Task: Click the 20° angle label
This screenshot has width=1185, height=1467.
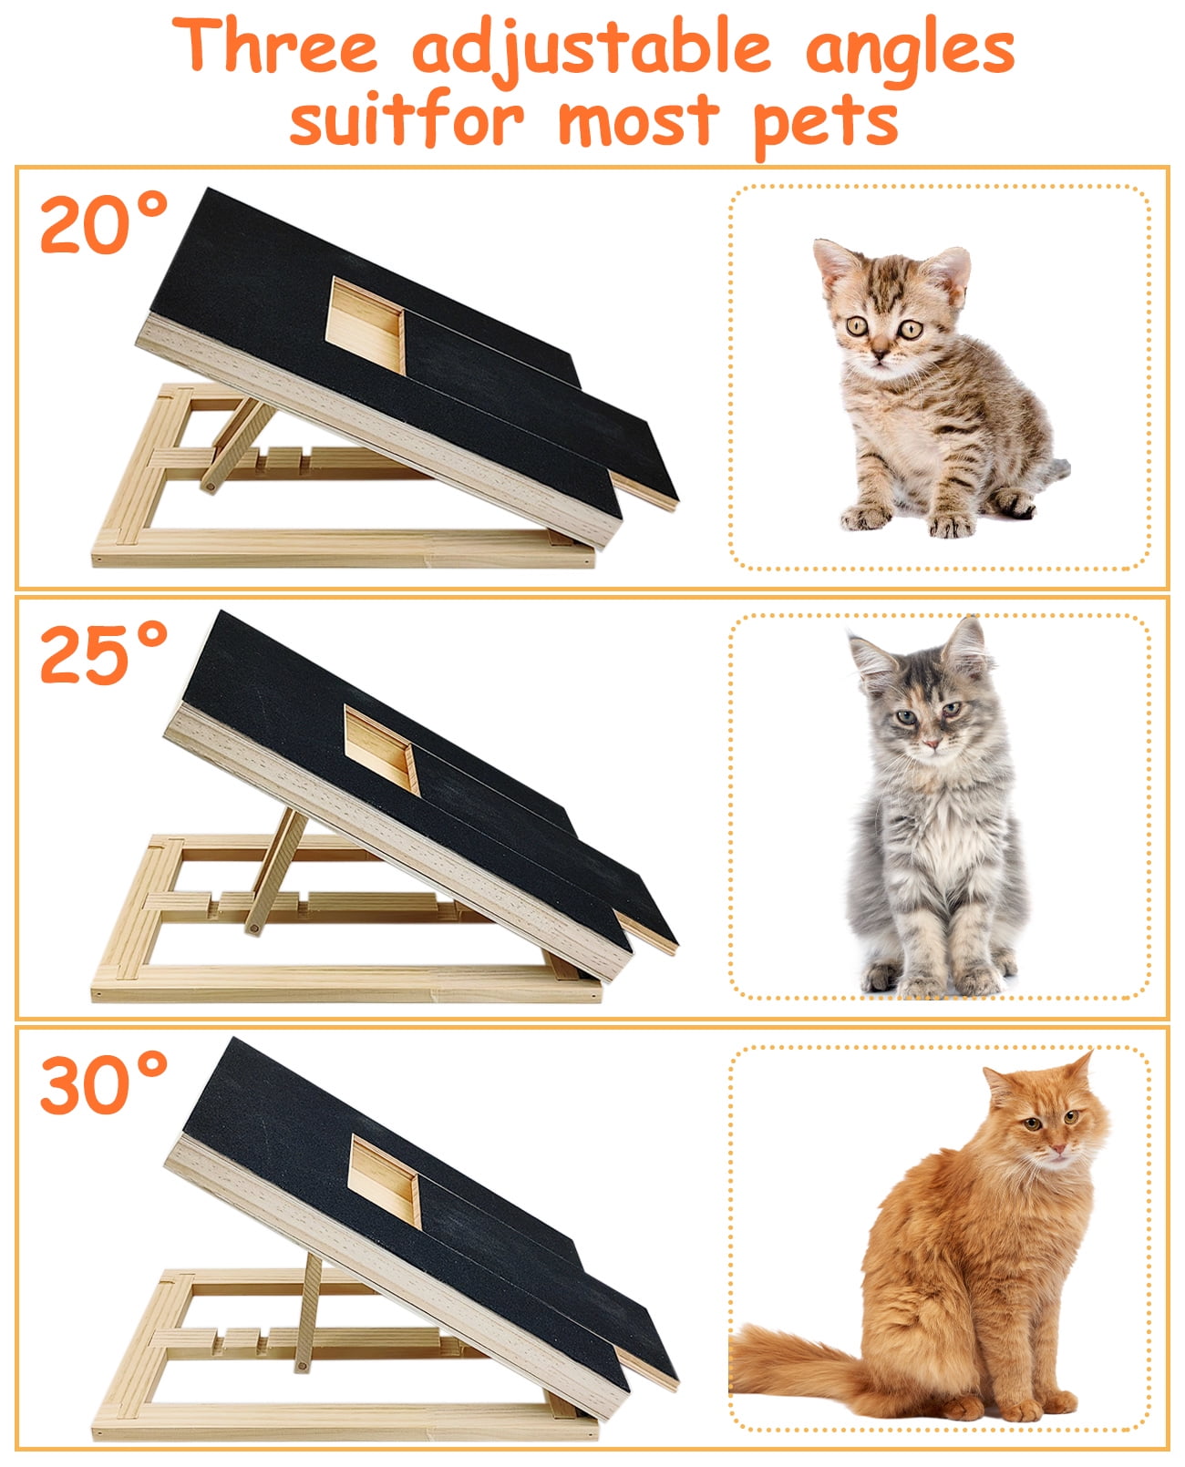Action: point(104,222)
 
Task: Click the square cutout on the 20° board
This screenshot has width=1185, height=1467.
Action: point(365,326)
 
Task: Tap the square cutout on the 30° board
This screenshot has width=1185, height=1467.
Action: point(384,1181)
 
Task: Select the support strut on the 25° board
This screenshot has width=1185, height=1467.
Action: point(275,870)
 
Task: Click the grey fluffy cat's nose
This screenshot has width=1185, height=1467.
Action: point(931,744)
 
